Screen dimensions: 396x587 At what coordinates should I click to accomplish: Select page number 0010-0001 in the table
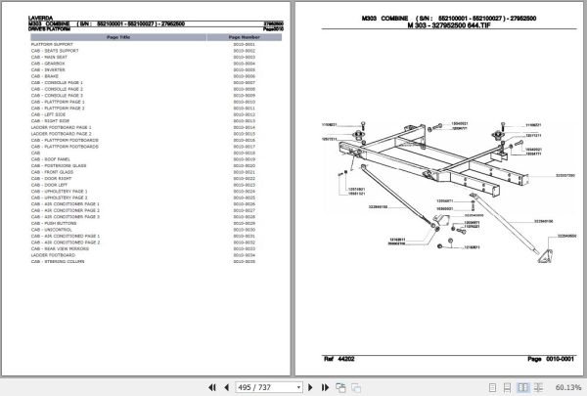pos(244,45)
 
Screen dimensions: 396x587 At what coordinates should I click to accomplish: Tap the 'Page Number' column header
pos(244,35)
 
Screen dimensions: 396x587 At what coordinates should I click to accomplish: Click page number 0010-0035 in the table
pos(244,262)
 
